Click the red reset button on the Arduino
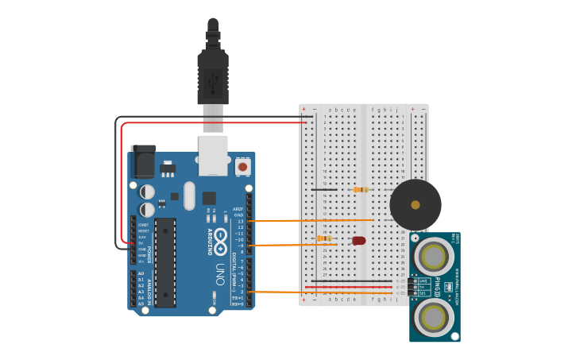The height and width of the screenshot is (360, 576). pyautogui.click(x=242, y=167)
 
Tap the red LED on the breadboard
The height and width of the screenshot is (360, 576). pyautogui.click(x=358, y=240)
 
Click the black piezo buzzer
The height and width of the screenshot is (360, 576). pyautogui.click(x=415, y=204)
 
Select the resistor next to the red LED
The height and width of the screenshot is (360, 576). pyautogui.click(x=324, y=238)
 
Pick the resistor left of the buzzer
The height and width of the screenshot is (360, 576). pyautogui.click(x=361, y=190)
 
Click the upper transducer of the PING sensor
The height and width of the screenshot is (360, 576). pyautogui.click(x=434, y=256)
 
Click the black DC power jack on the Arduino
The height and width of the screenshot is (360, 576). pyautogui.click(x=143, y=162)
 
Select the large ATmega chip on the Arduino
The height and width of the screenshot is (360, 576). pyautogui.click(x=165, y=261)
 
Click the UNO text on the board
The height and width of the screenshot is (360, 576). pyautogui.click(x=220, y=270)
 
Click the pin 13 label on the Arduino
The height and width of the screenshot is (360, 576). pyautogui.click(x=241, y=221)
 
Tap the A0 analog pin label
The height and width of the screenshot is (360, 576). pyautogui.click(x=141, y=273)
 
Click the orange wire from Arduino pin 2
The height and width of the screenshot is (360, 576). pyautogui.click(x=326, y=292)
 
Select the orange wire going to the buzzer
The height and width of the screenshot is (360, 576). pyautogui.click(x=318, y=220)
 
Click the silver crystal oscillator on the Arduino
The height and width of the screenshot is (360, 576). pyautogui.click(x=188, y=195)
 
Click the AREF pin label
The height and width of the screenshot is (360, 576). pyautogui.click(x=238, y=209)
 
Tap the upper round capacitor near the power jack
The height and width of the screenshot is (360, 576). pyautogui.click(x=147, y=192)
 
